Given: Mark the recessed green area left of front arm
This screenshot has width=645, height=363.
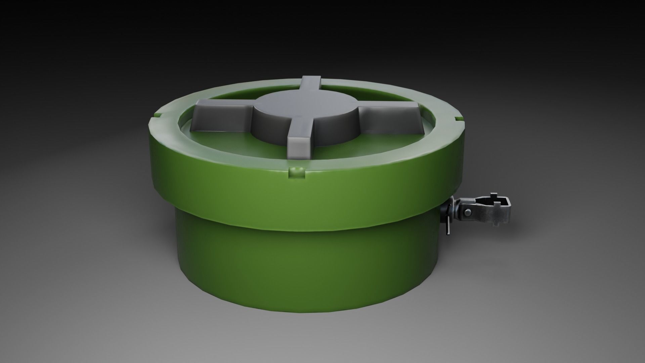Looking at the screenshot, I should pyautogui.click(x=242, y=145).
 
